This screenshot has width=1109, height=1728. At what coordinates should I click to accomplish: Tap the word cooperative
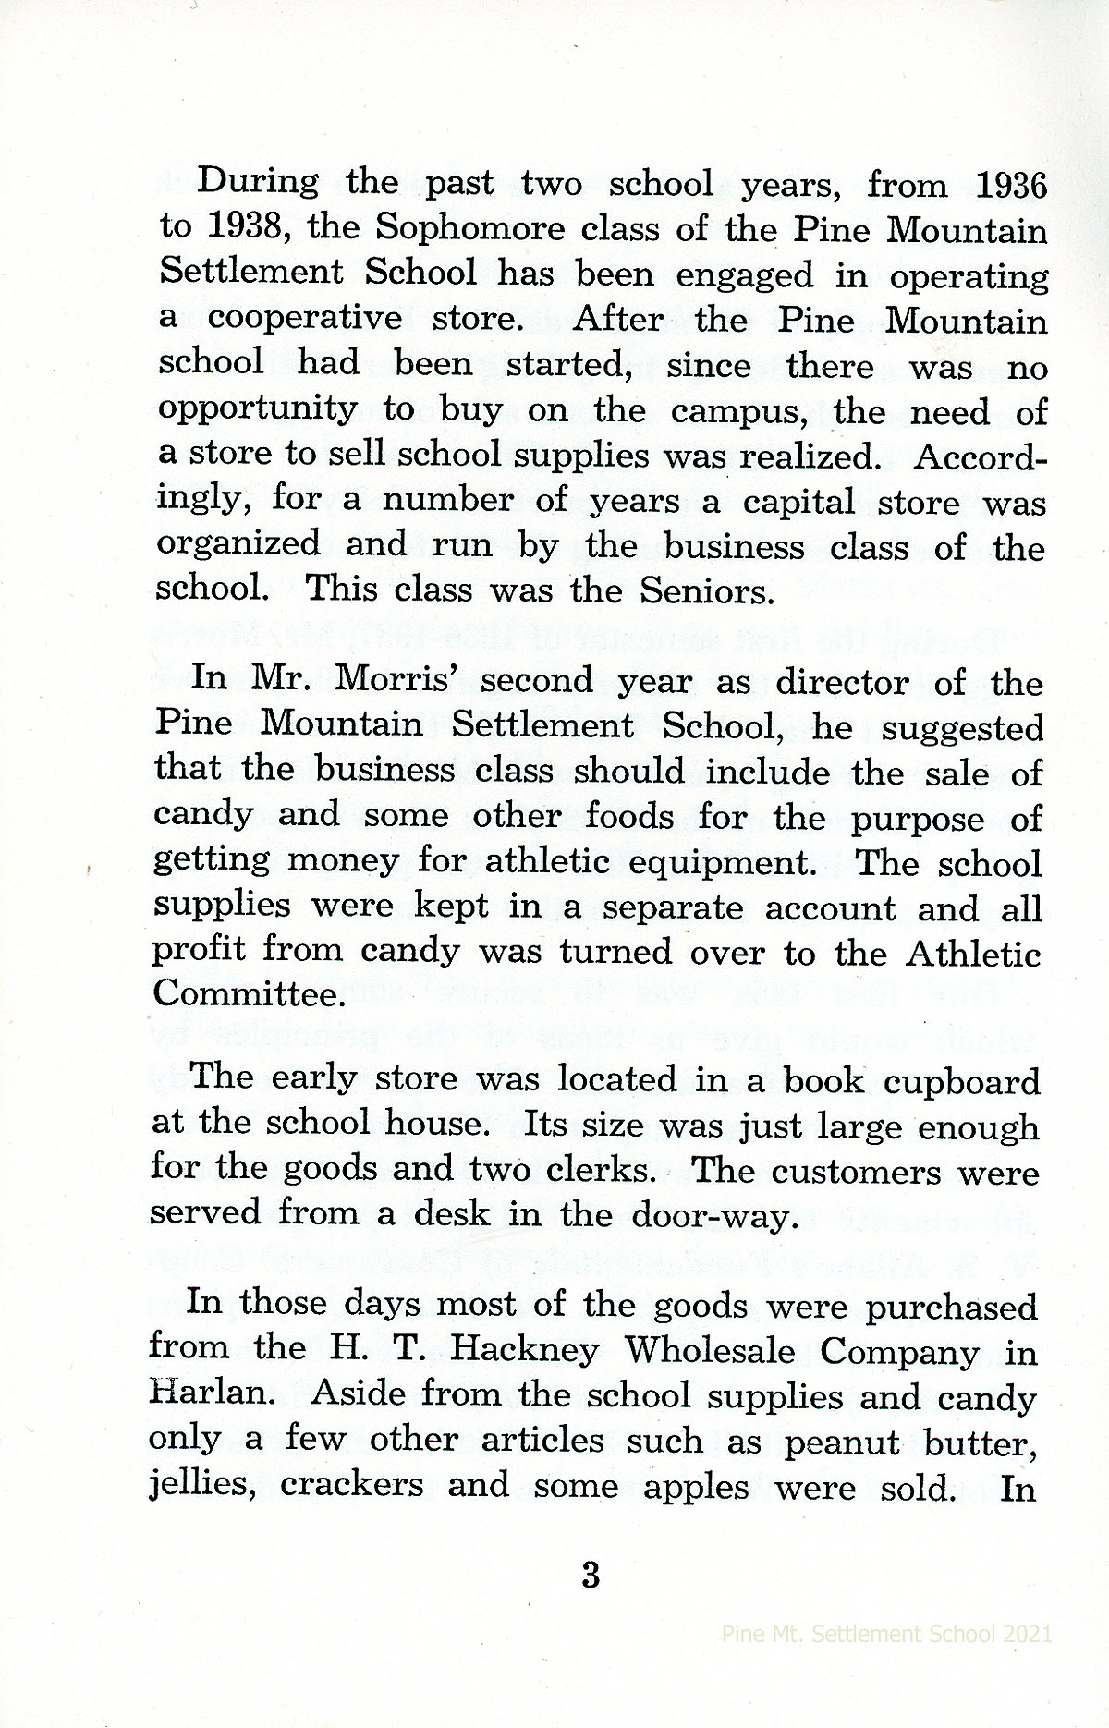(305, 318)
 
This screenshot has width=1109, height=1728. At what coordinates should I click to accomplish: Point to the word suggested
(962, 729)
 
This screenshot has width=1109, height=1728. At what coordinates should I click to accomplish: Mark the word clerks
(603, 1171)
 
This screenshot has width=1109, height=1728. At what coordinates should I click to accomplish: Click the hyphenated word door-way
(714, 1214)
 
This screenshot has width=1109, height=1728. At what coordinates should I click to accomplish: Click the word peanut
(837, 1441)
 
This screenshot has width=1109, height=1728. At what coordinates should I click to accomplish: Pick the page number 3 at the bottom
(591, 1575)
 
